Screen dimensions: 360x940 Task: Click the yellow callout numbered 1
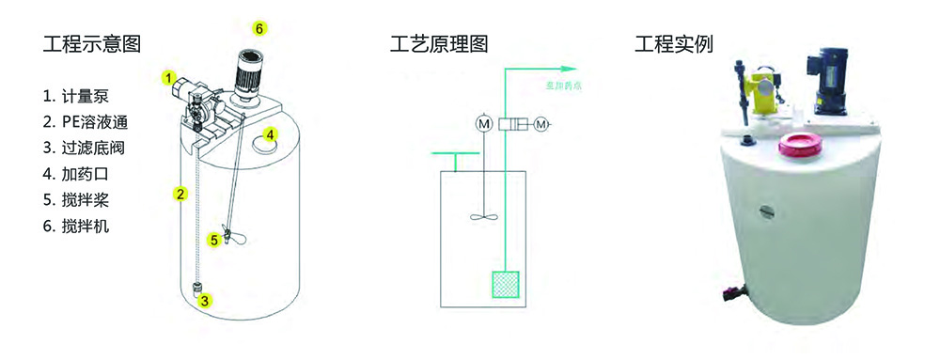click(x=168, y=78)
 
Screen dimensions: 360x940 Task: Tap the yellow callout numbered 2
click(x=179, y=195)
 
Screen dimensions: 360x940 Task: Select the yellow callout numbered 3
click(x=206, y=302)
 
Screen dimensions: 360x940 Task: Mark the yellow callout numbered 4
click(x=270, y=134)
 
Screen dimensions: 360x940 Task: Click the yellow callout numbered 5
click(x=214, y=241)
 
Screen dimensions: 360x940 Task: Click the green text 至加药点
click(x=562, y=89)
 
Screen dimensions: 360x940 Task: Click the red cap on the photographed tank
click(x=799, y=145)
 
